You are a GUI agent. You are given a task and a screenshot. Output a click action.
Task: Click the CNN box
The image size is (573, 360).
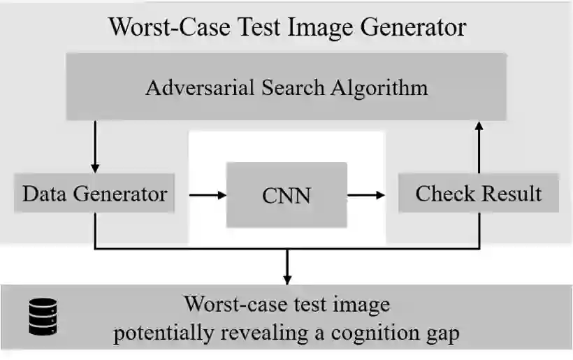coord(286,194)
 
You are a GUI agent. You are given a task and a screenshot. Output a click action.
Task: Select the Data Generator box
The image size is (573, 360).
coord(94,193)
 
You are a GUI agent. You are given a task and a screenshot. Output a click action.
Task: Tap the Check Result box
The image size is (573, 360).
coord(479,193)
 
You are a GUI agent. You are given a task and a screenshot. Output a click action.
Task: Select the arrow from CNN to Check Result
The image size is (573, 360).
coord(367,194)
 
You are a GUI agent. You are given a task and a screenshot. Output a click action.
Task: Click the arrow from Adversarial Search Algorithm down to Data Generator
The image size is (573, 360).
coord(95,147)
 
